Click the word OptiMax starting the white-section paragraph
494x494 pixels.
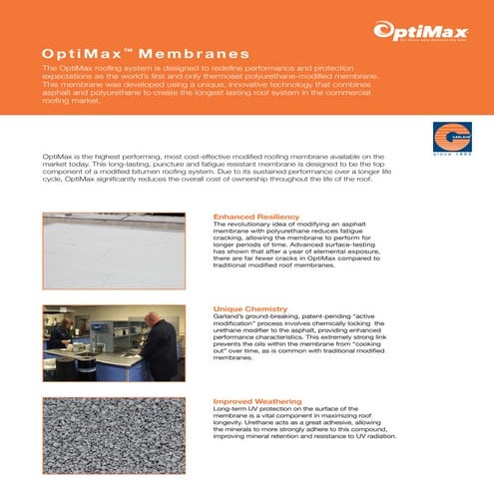coord(57,158)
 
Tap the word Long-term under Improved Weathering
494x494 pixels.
coord(232,409)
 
